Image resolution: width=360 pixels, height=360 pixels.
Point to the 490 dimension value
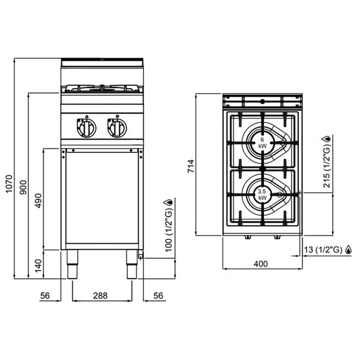38,200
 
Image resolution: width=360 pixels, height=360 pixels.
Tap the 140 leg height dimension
38,265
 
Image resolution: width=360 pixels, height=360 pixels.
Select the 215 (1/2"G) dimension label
327,169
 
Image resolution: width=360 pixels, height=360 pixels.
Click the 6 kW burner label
262,143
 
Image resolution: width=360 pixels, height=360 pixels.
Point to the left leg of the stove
73,266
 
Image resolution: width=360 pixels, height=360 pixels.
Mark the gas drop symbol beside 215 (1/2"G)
327,139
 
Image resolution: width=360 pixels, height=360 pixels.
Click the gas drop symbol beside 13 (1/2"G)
348,250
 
